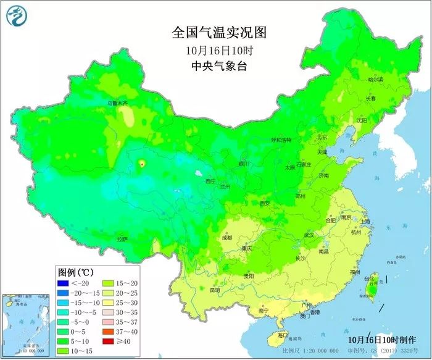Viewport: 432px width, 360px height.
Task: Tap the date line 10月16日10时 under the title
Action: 215,50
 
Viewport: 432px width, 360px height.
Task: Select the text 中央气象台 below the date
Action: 215,66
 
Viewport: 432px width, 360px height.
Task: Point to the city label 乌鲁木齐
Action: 117,103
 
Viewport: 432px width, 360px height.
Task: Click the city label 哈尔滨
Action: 375,80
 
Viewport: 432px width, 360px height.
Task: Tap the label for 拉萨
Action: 122,238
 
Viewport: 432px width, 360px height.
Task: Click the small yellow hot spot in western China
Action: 141,164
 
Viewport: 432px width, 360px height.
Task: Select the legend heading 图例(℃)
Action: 75,272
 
